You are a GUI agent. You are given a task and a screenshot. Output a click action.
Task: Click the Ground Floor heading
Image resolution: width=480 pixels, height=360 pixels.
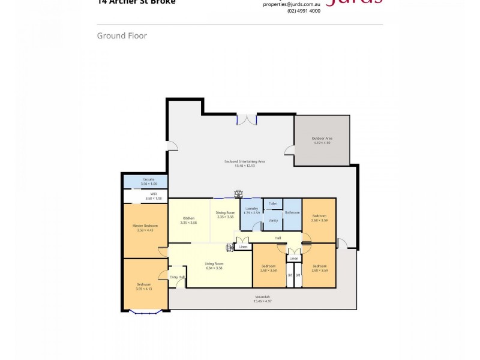tap(122, 36)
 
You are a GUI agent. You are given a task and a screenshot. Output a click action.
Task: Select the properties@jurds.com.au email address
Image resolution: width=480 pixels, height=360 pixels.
tap(292, 4)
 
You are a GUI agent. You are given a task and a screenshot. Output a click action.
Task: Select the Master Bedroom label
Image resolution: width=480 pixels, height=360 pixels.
tap(145, 226)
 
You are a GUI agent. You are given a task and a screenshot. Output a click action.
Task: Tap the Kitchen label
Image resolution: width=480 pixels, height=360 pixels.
tap(188, 219)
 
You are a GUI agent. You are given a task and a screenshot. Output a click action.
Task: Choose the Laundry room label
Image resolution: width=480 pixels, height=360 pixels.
tap(251, 209)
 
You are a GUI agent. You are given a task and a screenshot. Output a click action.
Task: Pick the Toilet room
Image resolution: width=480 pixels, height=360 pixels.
tap(272, 204)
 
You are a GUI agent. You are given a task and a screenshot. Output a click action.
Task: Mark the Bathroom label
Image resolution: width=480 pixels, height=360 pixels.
tap(292, 213)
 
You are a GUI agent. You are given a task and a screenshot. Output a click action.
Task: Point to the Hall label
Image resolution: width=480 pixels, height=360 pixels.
tap(278, 238)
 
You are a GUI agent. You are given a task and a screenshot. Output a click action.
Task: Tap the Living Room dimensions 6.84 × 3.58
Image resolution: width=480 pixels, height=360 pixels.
tap(214, 268)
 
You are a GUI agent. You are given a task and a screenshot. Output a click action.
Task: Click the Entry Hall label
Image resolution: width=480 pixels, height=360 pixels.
tap(178, 277)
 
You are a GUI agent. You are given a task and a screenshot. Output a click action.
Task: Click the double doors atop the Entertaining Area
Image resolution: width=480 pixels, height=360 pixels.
tap(247, 119)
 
